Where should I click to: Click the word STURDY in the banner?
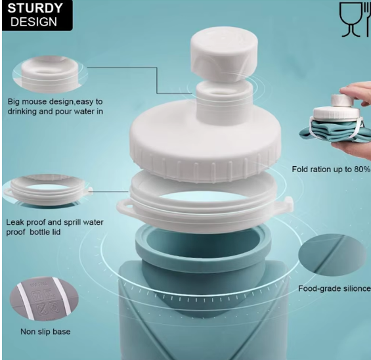[35, 9]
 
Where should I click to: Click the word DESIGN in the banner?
[33, 22]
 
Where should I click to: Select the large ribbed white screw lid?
[206, 140]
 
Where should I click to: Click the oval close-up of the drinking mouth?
[50, 74]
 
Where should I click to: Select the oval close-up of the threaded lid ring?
[47, 190]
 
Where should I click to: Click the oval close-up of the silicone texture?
[332, 255]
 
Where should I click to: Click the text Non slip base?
[45, 332]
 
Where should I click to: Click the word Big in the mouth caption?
[14, 102]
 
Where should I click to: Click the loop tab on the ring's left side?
[124, 206]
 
